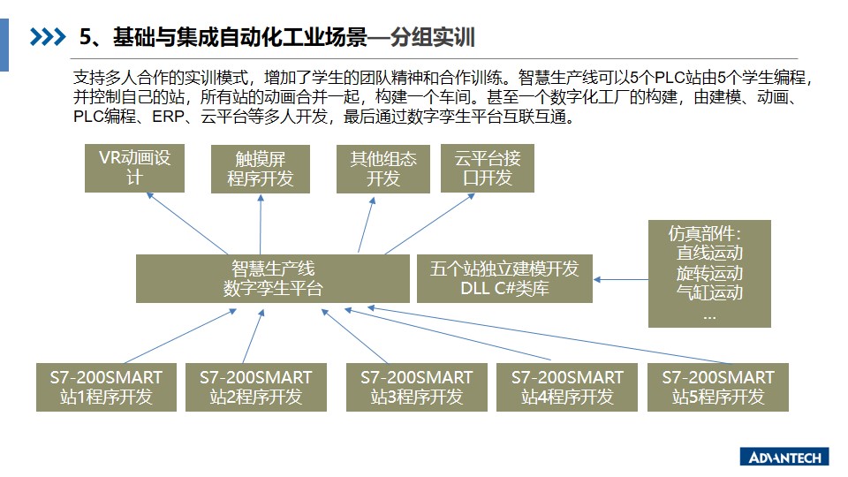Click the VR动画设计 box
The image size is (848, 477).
coord(134,168)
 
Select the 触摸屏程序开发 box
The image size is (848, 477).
coord(260,169)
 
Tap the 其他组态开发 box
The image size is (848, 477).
coord(382,169)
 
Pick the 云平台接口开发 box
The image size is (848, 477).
coord(488,168)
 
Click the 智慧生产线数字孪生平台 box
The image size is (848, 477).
coord(273,278)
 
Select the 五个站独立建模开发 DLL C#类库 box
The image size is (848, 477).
coord(504,278)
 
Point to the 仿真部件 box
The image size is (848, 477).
coord(709,274)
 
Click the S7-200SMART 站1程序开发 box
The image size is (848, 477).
coord(106,387)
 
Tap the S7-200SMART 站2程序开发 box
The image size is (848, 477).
coord(256,387)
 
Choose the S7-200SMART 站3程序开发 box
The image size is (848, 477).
coord(416,387)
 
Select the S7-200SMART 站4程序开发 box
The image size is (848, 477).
coord(567,387)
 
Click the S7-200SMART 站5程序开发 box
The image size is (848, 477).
coord(717,387)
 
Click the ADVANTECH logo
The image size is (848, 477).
coord(784,458)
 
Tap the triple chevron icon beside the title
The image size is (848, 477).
coord(48,37)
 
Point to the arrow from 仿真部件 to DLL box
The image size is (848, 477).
coord(621,280)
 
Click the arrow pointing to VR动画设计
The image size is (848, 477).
coord(187,223)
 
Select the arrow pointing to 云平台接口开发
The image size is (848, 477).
coord(430,223)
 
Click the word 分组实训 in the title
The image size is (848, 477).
coord(433,37)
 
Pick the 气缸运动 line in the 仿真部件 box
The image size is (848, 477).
coord(709,292)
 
